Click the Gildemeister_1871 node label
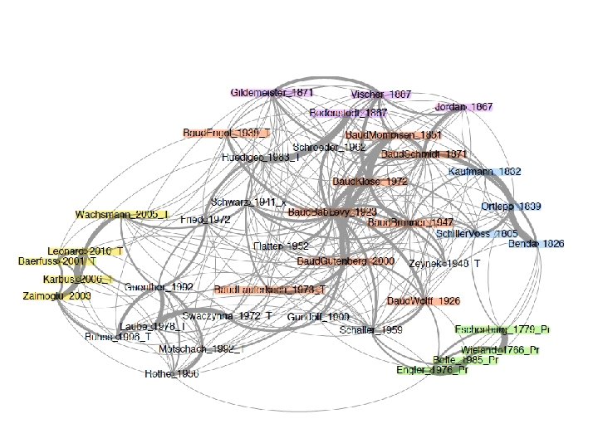click(x=272, y=93)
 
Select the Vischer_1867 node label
click(x=381, y=95)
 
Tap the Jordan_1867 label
click(x=463, y=108)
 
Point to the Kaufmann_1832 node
click(x=484, y=172)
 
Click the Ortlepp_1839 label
click(x=511, y=206)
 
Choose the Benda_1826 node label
click(x=536, y=244)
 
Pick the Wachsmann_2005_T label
click(x=122, y=215)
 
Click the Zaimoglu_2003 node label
click(x=57, y=296)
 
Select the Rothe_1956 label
click(x=172, y=374)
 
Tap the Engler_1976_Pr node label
click(x=432, y=370)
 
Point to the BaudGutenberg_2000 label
click(x=346, y=261)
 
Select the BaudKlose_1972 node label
click(x=370, y=181)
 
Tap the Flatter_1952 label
click(x=281, y=246)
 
